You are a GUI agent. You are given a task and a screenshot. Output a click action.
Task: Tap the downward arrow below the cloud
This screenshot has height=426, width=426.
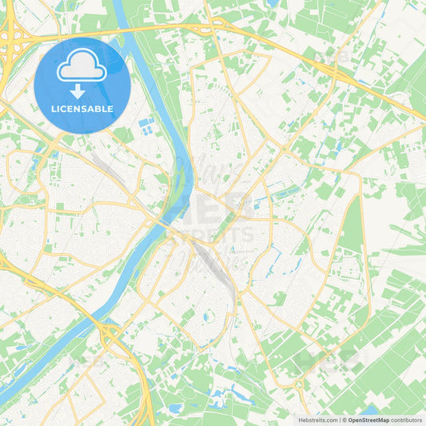coord(82,90)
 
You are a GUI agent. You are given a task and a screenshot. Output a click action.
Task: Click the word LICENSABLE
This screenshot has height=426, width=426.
coord(82,109)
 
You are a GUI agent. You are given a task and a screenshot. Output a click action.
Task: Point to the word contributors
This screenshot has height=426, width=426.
coord(407,419)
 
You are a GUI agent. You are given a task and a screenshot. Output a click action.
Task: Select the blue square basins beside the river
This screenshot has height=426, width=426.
coord(145,125)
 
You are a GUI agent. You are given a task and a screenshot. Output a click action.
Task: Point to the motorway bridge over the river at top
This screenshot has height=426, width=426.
coord(121,29)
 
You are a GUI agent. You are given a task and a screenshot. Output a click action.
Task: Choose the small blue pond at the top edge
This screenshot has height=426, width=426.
coord(274,4)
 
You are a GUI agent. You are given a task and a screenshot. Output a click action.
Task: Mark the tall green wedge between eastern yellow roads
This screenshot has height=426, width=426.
coord(352,232)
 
